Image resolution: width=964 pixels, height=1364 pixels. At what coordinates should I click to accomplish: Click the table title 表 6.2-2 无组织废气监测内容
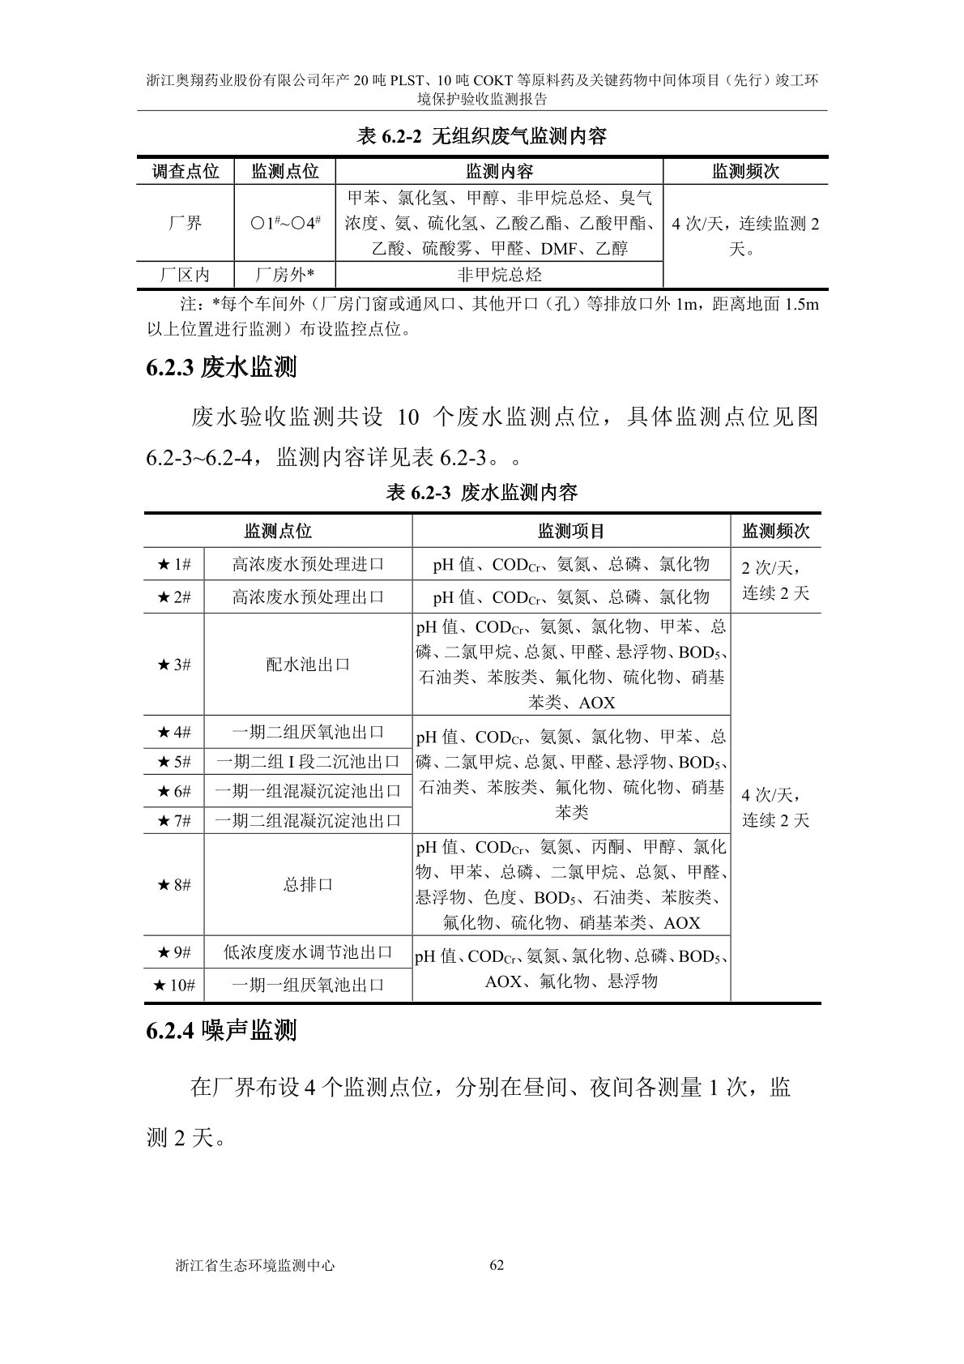482,136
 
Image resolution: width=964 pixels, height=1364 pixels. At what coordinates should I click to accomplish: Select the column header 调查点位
186,171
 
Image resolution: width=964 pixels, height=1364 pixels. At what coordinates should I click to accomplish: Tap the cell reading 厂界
186,223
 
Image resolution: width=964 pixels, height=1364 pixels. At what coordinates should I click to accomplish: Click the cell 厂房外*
284,275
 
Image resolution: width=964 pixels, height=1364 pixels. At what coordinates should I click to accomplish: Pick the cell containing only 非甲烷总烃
499,275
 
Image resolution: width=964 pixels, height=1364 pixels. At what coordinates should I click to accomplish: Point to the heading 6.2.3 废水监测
221,368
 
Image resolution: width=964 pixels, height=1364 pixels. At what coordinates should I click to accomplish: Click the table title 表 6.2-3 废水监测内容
482,492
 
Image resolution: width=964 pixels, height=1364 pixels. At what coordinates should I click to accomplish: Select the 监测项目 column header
571,532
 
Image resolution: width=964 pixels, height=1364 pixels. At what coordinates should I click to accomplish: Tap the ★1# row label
174,565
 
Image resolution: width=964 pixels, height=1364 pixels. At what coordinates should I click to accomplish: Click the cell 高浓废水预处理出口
308,597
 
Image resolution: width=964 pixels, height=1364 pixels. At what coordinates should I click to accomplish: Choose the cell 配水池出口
308,665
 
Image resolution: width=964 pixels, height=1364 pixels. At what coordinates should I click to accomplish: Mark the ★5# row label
174,762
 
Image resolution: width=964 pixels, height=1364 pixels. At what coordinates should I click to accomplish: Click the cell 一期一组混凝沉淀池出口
308,791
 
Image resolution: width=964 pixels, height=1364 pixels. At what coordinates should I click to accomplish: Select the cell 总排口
308,885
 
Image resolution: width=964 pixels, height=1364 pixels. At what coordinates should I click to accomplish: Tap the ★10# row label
174,985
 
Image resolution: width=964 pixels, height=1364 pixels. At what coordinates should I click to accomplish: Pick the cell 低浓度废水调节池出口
308,952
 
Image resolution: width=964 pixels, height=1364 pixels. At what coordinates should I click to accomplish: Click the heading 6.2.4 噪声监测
221,1031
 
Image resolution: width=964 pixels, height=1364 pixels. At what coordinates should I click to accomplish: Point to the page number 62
497,1265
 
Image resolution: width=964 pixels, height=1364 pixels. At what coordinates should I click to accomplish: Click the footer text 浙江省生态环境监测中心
255,1265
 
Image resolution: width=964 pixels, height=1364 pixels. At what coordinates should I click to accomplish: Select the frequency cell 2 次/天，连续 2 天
775,579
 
